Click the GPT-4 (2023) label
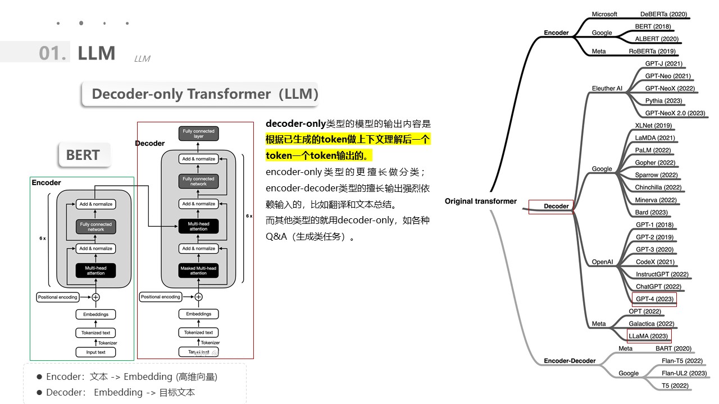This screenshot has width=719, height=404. click(654, 299)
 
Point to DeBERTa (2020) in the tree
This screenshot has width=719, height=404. click(663, 15)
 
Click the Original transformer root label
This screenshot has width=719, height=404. click(480, 201)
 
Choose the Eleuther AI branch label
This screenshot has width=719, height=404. click(607, 89)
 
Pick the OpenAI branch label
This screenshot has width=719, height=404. click(602, 262)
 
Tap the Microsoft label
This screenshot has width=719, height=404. click(604, 15)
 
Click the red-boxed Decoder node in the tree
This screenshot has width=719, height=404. click(556, 206)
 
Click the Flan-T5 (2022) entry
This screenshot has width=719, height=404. click(682, 361)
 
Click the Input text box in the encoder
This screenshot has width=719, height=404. click(95, 352)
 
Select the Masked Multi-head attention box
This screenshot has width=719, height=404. click(198, 270)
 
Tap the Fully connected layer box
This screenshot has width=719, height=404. click(198, 134)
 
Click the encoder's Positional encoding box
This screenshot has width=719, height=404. click(58, 297)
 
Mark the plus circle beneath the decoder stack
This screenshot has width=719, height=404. click(198, 297)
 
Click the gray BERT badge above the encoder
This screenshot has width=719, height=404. click(83, 155)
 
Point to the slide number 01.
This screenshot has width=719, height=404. click(52, 53)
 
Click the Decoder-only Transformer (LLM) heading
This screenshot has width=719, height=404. click(204, 94)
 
